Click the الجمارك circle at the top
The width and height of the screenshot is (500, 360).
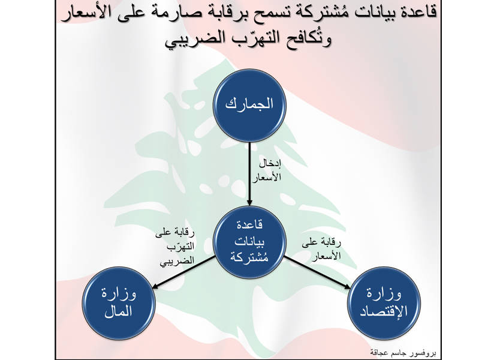(x=249, y=106)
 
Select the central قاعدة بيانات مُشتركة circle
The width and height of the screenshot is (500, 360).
(x=249, y=242)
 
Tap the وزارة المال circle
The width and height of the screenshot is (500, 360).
(x=119, y=303)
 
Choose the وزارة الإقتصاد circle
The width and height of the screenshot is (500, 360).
(x=384, y=303)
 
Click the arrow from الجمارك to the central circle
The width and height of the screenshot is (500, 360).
(x=249, y=174)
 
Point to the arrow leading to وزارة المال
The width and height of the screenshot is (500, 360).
(x=183, y=272)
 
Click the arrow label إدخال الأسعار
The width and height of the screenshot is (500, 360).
(x=267, y=171)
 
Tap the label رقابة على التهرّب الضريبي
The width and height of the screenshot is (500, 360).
(x=176, y=247)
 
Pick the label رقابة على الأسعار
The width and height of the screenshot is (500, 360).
(x=321, y=249)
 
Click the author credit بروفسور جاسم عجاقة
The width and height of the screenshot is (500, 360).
(x=403, y=353)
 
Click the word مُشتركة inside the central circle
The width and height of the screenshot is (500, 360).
(x=249, y=257)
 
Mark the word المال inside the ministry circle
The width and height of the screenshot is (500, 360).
(x=118, y=311)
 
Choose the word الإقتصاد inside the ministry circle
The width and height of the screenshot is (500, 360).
(x=384, y=311)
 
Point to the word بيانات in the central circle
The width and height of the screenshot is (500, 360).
(x=249, y=242)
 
